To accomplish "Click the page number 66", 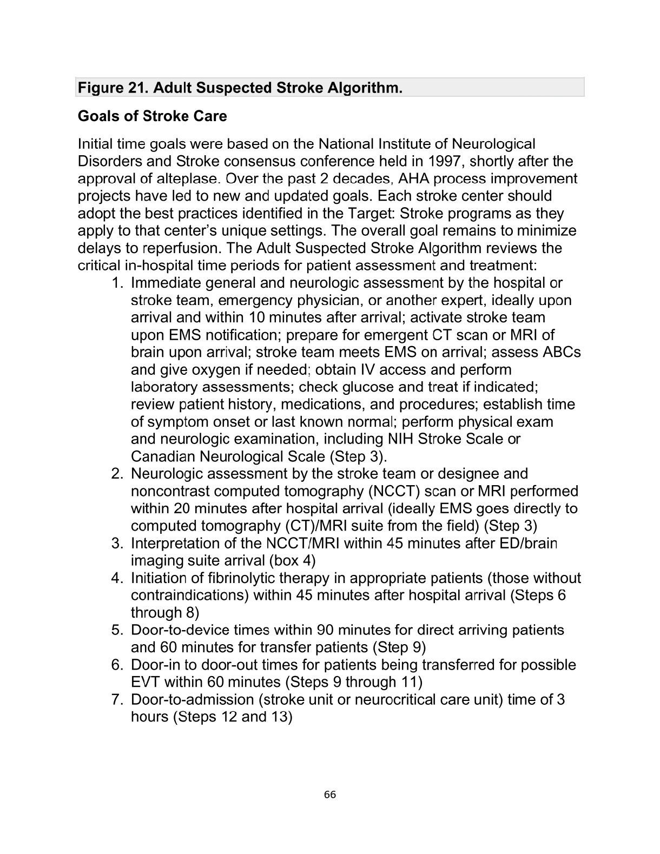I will click(330, 795).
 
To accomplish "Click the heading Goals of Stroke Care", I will click(153, 116).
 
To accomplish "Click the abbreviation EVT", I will click(146, 682).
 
